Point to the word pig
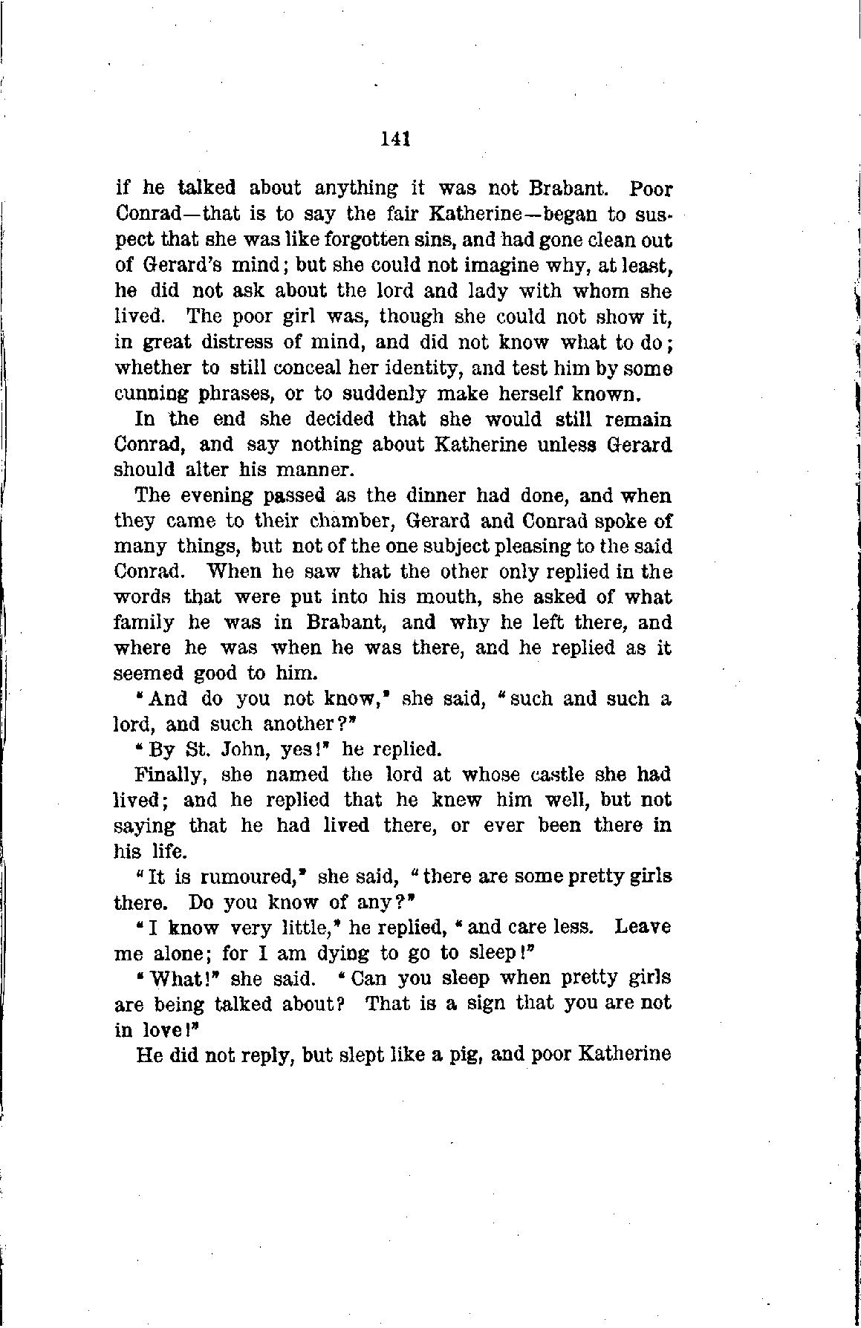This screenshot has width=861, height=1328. [x=470, y=1055]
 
